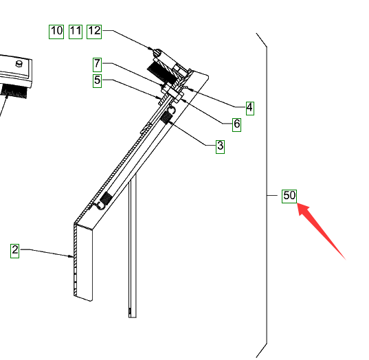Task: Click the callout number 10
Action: [x=56, y=32]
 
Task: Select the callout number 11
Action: [x=76, y=32]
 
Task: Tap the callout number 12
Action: [x=94, y=32]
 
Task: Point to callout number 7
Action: [x=97, y=65]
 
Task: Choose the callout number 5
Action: [x=97, y=80]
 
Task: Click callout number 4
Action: [x=250, y=109]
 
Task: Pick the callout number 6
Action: [x=237, y=125]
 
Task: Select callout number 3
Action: [x=221, y=147]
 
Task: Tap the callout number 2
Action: [x=15, y=251]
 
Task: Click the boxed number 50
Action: [x=289, y=196]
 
